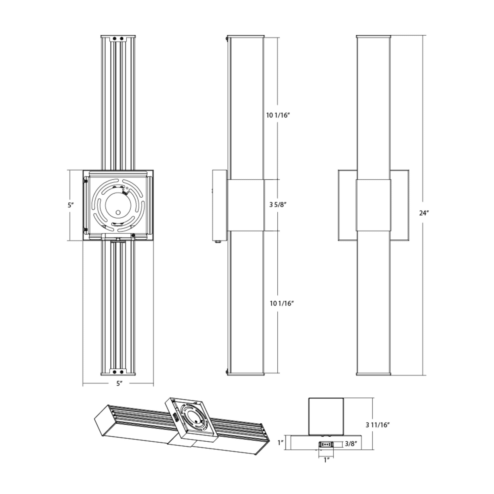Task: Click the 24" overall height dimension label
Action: point(424,213)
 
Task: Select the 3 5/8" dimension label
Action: point(277,205)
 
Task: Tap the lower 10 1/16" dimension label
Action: point(282,304)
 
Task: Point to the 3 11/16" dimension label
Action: point(377,425)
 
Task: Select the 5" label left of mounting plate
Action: point(71,205)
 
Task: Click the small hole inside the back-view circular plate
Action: point(118,212)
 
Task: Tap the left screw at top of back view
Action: point(115,39)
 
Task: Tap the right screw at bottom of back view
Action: point(122,372)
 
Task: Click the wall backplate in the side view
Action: point(219,205)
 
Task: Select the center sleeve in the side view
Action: point(245,205)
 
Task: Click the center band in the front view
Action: point(373,205)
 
